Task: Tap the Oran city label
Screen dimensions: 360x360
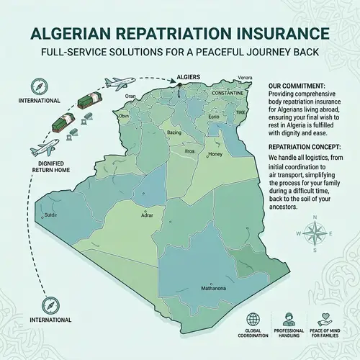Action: (x=130, y=96)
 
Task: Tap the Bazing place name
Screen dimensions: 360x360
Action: (x=174, y=132)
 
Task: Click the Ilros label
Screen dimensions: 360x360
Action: (x=190, y=152)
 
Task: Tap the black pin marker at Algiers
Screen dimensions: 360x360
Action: (x=179, y=89)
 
